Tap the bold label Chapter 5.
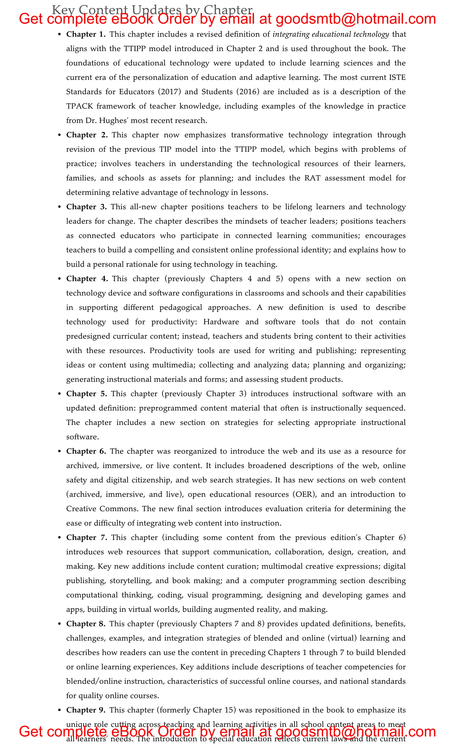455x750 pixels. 86,394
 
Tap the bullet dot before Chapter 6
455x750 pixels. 60,451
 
